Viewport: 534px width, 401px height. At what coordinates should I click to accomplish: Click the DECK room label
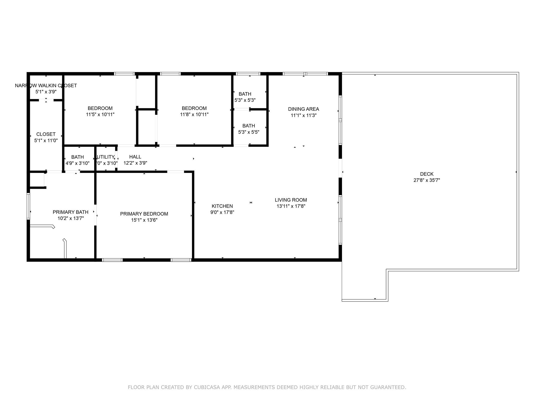(x=427, y=174)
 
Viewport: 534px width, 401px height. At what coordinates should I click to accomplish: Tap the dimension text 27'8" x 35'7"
(x=427, y=180)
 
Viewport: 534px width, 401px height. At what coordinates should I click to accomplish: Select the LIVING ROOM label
(x=291, y=200)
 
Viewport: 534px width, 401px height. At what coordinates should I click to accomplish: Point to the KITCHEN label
(x=222, y=206)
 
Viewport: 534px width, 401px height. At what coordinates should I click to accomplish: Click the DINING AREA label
(x=304, y=109)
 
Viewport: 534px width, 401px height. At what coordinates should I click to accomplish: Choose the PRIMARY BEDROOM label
(x=144, y=214)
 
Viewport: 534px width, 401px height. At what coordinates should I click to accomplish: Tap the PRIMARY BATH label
(x=70, y=212)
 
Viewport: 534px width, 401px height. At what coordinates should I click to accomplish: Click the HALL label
(x=135, y=157)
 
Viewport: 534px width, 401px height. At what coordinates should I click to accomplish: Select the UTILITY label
(x=106, y=157)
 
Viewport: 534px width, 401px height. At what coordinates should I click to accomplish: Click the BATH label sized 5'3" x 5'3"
(x=245, y=94)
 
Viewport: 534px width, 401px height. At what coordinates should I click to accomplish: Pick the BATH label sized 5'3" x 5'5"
(x=248, y=126)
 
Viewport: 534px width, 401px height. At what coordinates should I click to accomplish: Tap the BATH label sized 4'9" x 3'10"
(x=77, y=157)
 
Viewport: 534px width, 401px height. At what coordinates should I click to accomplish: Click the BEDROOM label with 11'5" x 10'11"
(x=100, y=108)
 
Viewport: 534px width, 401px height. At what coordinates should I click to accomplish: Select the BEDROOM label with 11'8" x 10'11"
(x=194, y=108)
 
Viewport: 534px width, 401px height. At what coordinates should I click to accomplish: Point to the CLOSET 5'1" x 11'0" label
(x=46, y=134)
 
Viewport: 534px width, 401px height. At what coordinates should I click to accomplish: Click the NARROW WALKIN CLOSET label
(x=46, y=86)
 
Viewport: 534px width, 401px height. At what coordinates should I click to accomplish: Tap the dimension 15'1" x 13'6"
(x=144, y=220)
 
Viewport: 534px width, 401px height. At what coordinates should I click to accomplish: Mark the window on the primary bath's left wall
(x=28, y=206)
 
